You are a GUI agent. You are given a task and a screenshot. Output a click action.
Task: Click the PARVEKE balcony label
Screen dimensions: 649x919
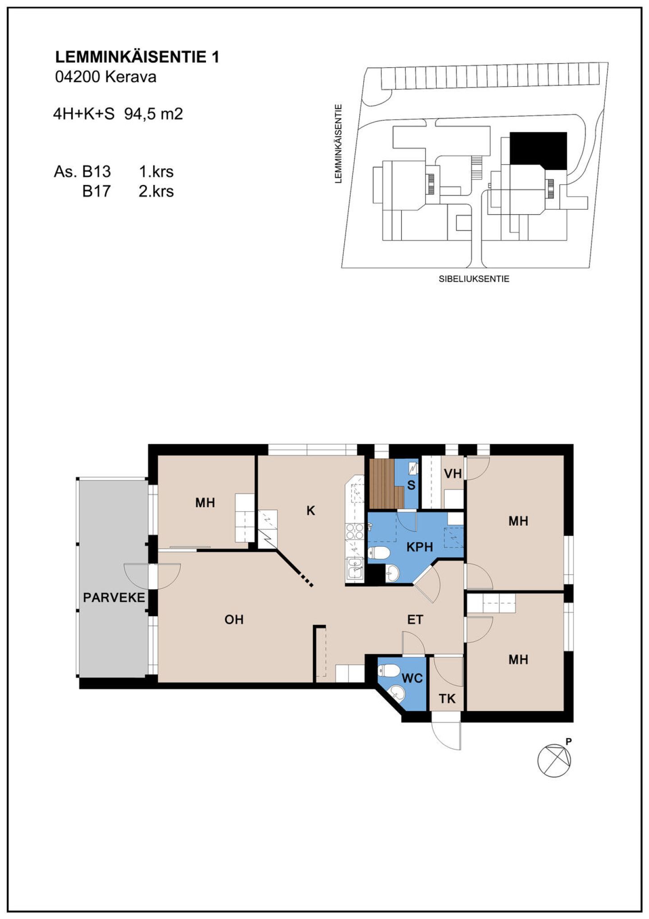click(x=114, y=598)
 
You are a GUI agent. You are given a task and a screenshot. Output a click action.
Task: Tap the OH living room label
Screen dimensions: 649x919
click(x=234, y=620)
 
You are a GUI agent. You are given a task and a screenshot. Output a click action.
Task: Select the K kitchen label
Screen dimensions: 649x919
click(x=311, y=511)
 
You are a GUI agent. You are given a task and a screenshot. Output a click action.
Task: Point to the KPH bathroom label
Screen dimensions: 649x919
click(x=420, y=547)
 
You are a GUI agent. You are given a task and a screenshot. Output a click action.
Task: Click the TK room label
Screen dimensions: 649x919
click(x=447, y=699)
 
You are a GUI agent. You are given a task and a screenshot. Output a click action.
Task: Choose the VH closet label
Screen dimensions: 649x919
click(x=453, y=474)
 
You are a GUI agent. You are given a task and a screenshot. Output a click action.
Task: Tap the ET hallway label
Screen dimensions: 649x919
click(x=415, y=620)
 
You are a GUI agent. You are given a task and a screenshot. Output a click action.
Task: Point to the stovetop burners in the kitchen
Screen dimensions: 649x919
click(x=354, y=531)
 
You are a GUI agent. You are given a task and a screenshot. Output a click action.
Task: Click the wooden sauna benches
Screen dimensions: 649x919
click(x=385, y=483)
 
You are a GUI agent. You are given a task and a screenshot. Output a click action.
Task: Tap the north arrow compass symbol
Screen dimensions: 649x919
click(x=554, y=759)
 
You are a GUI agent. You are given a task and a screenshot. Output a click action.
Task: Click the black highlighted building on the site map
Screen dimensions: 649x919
click(x=538, y=151)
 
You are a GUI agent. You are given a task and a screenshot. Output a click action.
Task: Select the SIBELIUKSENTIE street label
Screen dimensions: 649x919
click(x=474, y=279)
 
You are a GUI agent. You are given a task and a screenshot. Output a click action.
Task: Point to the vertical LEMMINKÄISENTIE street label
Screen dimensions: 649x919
click(x=338, y=144)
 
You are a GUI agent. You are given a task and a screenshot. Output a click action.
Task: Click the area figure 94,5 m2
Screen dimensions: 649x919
click(x=154, y=114)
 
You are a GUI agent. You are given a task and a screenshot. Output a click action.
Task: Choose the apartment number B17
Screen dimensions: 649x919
click(x=96, y=191)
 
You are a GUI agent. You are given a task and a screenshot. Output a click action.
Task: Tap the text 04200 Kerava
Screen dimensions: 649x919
click(x=105, y=77)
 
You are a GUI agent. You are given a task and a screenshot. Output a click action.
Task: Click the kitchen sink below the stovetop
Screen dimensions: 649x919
click(x=354, y=568)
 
